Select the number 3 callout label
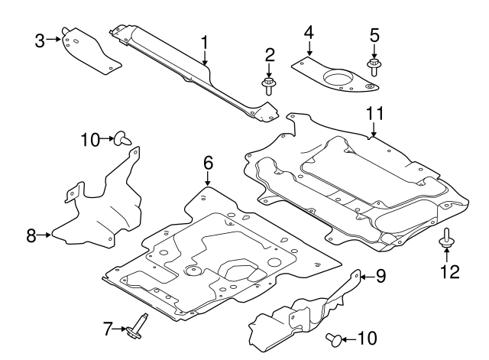tap(40, 40)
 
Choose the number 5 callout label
tap(374, 34)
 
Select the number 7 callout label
tap(108, 329)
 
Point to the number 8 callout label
tap(31, 235)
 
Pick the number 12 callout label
tap(449, 271)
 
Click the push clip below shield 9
tap(333, 337)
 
